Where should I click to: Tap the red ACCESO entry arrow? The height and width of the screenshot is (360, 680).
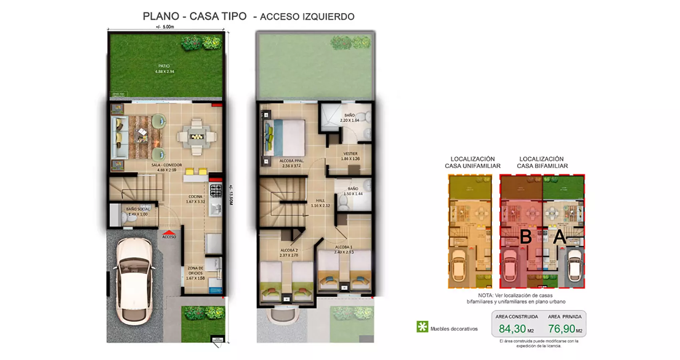click(x=169, y=232)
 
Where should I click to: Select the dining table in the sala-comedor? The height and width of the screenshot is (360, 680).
click(x=196, y=136)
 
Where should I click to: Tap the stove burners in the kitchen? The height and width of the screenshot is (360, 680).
click(x=216, y=190)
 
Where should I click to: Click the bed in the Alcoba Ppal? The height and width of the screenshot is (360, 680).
click(x=285, y=138)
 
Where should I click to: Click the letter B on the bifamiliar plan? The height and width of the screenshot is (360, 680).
click(x=525, y=237)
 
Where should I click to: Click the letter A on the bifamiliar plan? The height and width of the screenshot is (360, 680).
click(x=559, y=237)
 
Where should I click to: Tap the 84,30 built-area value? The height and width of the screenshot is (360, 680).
click(x=512, y=329)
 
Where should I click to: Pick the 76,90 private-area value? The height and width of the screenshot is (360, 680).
click(x=561, y=329)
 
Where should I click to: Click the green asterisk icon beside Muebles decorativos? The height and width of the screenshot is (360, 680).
click(x=422, y=326)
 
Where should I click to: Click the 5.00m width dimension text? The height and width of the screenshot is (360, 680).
click(x=165, y=27)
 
